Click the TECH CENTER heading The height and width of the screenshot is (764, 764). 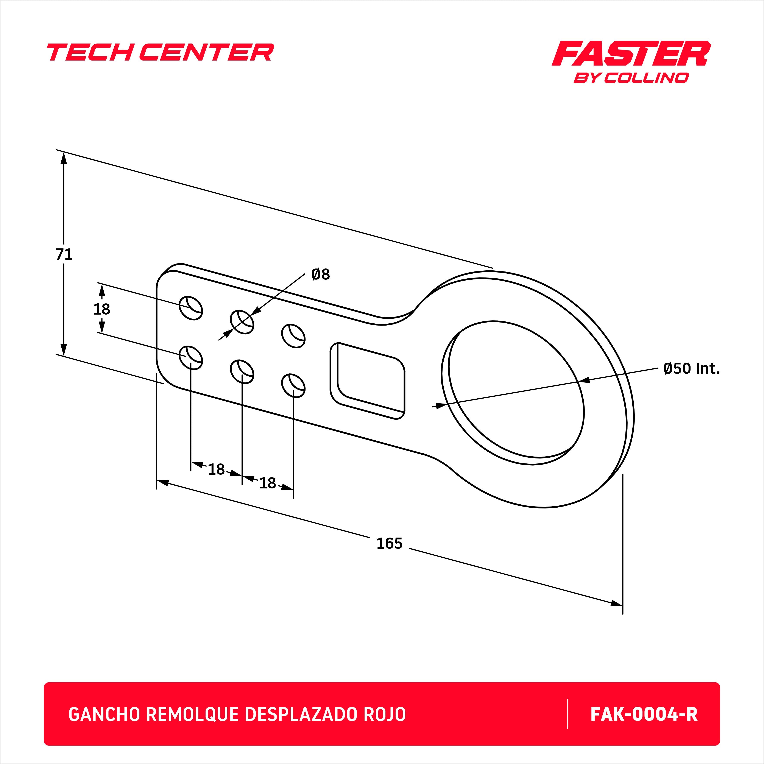pos(160,53)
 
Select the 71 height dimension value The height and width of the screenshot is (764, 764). pos(64,254)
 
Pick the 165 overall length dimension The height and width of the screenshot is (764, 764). pos(390,543)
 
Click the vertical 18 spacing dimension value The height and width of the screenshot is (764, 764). pos(102,309)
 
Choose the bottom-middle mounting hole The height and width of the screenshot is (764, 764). pos(242,371)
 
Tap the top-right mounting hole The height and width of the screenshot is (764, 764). pos(293,336)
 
